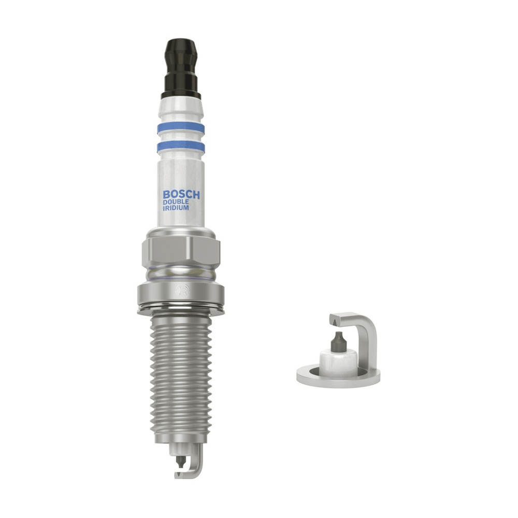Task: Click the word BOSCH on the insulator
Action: click(181, 194)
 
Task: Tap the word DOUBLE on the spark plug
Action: click(176, 202)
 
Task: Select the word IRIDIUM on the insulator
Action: click(176, 208)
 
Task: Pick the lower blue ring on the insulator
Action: click(181, 147)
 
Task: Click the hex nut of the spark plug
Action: click(181, 251)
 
